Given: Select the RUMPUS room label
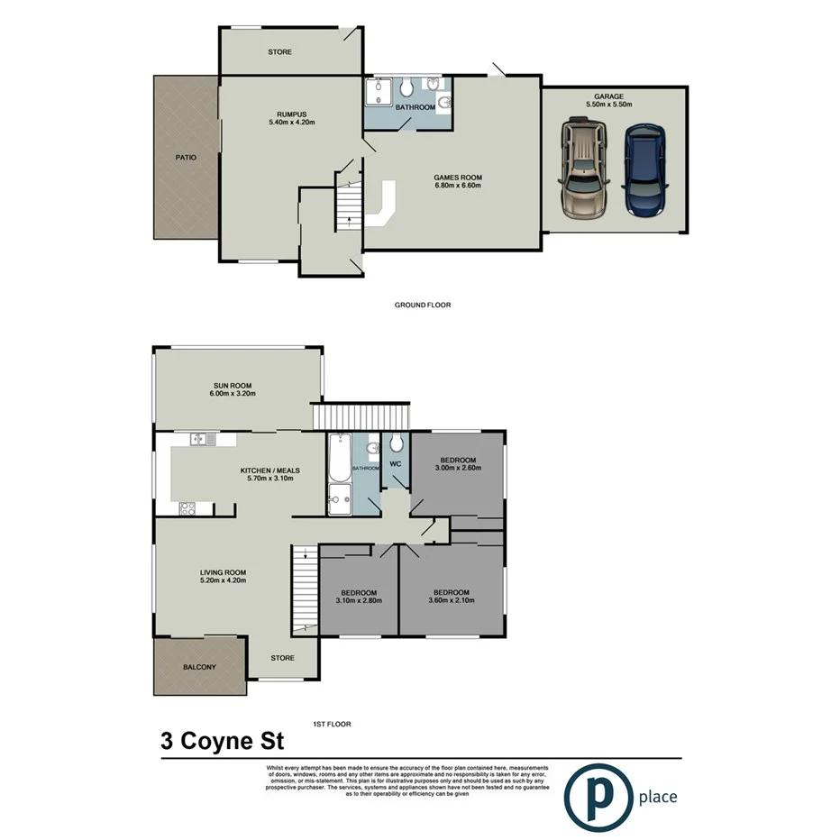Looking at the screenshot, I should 291,114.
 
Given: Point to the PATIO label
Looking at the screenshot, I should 186,157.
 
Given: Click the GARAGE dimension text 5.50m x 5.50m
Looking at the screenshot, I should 608,105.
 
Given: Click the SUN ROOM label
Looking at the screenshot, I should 233,384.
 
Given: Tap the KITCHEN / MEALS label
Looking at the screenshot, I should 269,470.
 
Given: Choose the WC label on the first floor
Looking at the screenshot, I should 395,464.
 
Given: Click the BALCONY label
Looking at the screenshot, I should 199,667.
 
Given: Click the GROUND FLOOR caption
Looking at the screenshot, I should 422,305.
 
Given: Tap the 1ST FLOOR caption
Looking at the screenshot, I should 331,724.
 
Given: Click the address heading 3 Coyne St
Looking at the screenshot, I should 222,743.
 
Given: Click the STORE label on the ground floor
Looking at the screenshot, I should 279,52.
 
